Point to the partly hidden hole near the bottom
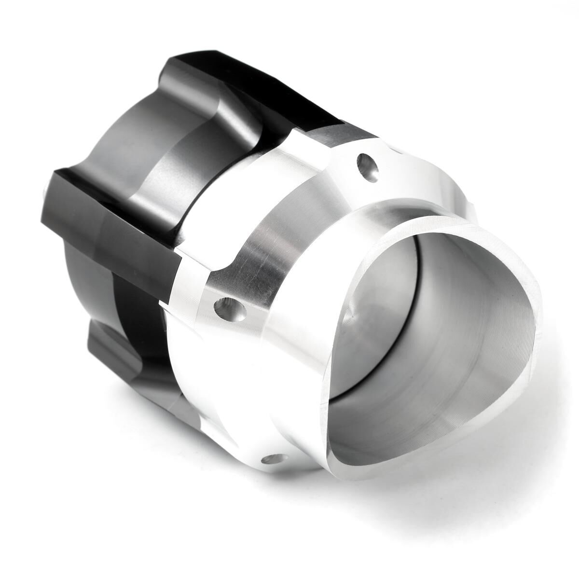273,459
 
